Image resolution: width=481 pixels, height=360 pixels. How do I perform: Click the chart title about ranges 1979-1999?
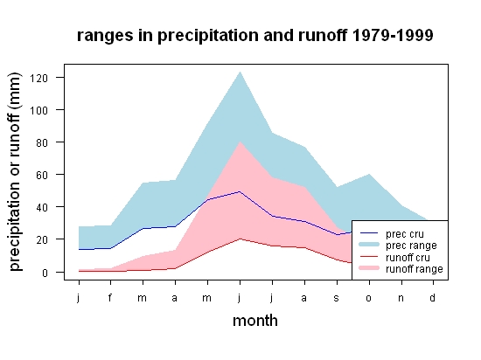(254, 35)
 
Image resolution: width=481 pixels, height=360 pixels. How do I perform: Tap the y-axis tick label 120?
(38, 78)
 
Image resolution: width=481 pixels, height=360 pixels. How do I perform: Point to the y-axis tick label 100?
(38, 110)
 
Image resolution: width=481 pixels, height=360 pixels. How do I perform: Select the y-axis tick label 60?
(42, 176)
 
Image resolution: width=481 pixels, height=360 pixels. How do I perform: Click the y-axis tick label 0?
(45, 273)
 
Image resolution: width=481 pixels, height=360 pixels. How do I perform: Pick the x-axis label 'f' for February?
(110, 297)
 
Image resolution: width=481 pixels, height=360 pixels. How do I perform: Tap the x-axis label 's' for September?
(336, 298)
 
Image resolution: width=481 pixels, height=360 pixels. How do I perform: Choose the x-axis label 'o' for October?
(368, 298)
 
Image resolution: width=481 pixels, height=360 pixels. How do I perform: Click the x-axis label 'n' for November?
(401, 298)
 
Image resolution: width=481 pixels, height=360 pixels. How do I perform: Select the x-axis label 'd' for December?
(432, 297)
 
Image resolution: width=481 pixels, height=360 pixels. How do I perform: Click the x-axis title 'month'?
(255, 321)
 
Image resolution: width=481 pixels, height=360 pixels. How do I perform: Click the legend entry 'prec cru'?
(392, 234)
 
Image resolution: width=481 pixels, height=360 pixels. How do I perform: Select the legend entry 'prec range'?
(398, 246)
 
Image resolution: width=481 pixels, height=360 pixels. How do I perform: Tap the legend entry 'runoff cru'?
(394, 258)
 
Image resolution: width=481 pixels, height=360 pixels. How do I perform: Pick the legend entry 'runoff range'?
(401, 269)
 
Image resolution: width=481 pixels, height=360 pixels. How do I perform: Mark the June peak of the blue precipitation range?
(240, 72)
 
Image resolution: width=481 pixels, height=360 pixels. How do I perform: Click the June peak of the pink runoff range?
(240, 142)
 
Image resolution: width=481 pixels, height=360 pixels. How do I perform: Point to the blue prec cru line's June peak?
(240, 191)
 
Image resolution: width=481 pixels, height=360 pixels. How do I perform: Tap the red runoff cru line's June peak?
(240, 239)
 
